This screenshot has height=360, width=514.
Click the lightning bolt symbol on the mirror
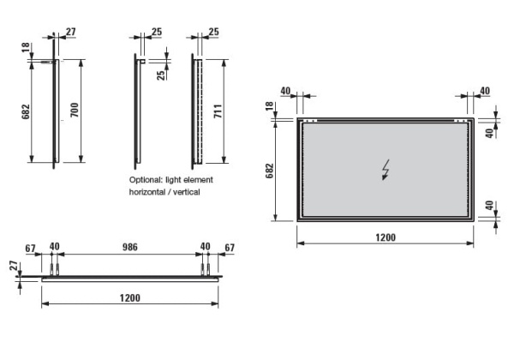point(387,171)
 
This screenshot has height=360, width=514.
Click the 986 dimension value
point(128,247)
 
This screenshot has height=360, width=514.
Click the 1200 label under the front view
point(385,237)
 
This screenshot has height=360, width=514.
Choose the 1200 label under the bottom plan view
point(129,297)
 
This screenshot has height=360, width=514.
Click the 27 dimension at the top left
point(70,33)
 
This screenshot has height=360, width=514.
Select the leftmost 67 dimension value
point(30,247)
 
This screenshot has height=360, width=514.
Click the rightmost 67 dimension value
point(229,247)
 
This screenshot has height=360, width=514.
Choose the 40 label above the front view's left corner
point(285,90)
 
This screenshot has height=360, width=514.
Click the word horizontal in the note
point(149,193)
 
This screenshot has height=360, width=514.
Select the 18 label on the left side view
point(26,47)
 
